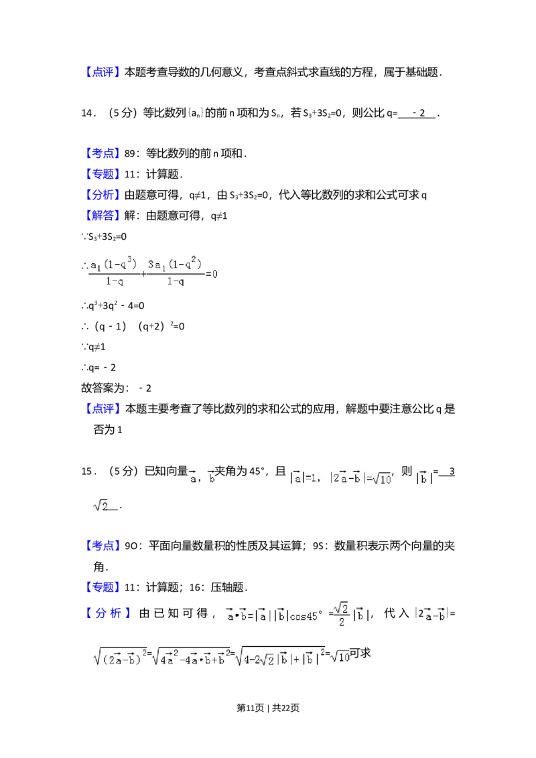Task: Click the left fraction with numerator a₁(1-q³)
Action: point(114,271)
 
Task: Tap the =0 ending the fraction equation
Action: point(213,274)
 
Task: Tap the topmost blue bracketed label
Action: point(103,72)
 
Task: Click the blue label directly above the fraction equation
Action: point(103,216)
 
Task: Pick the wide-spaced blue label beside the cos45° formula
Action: point(109,613)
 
